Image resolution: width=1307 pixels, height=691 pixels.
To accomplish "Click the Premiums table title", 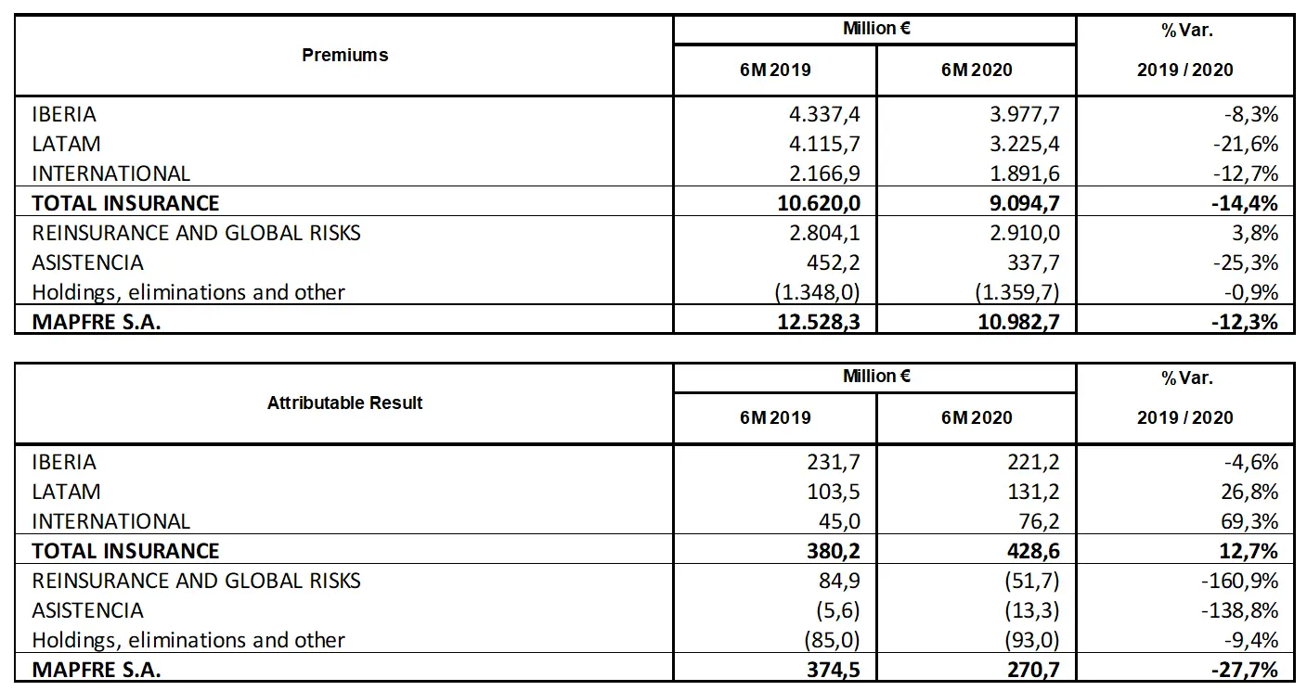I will pyautogui.click(x=344, y=55).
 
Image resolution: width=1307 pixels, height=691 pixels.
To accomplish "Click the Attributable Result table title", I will pyautogui.click(x=344, y=403).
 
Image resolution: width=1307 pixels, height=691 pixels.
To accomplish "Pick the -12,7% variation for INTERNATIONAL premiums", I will pyautogui.click(x=1247, y=173).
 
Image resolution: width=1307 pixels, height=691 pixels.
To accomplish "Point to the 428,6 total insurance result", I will pyautogui.click(x=1032, y=551).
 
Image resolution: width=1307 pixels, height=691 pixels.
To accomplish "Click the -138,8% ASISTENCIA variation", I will pyautogui.click(x=1241, y=610).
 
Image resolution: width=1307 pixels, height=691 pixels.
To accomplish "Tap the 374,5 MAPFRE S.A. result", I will pyautogui.click(x=833, y=670).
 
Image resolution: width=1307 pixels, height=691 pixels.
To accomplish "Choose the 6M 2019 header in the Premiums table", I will pyautogui.click(x=775, y=70).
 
